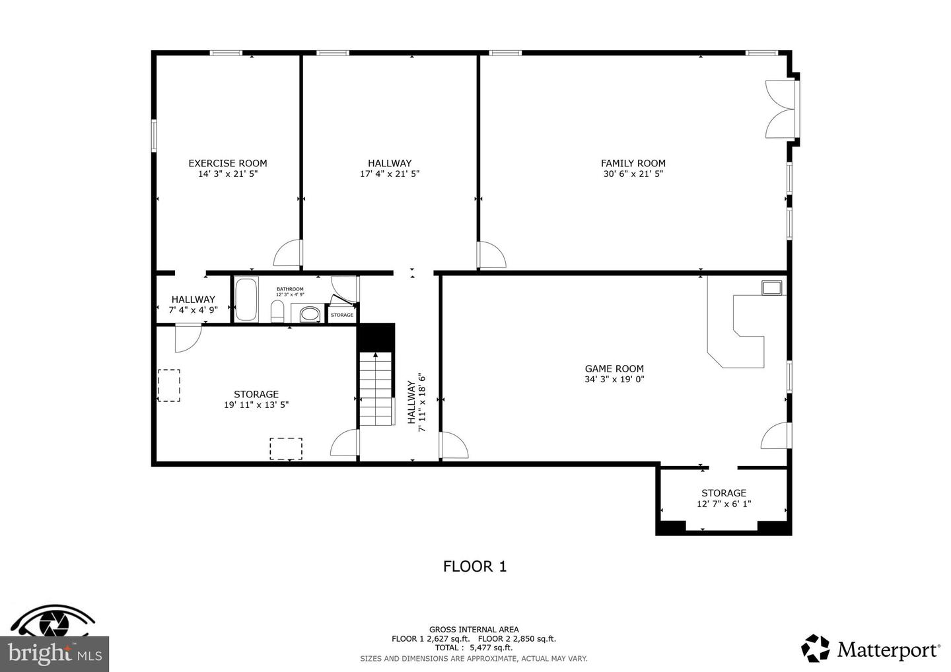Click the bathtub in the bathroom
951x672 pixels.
point(246,300)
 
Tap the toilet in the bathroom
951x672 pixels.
point(277,311)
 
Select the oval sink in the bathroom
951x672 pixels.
point(308,314)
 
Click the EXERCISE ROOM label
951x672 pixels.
point(227,163)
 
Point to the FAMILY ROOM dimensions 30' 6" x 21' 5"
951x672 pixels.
point(633,174)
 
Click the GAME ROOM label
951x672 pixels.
point(614,369)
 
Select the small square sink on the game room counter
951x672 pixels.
point(771,287)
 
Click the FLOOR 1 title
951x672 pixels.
point(474,566)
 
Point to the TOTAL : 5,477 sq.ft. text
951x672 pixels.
point(474,648)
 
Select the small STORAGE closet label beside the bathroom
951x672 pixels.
point(341,315)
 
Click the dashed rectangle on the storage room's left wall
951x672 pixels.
point(169,385)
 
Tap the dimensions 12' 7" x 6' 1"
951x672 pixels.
point(724,504)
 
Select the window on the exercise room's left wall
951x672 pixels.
point(153,135)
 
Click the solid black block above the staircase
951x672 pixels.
point(376,337)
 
